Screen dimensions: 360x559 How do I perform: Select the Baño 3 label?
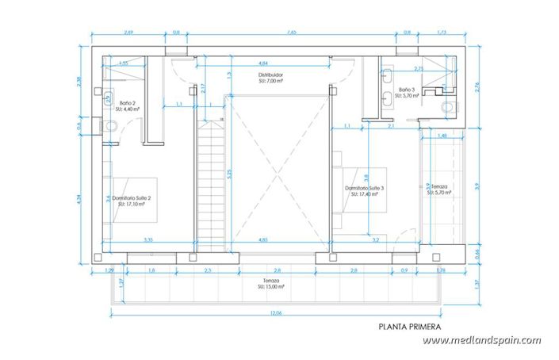407,90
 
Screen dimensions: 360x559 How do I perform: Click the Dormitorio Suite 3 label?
365,188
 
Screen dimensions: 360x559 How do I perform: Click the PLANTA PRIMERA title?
408,325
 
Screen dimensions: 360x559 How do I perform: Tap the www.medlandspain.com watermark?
481,341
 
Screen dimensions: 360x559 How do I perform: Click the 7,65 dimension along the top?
292,33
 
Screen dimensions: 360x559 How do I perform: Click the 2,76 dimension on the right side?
477,88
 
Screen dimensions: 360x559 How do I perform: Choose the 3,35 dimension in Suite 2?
147,239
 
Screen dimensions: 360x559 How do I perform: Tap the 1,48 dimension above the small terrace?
442,136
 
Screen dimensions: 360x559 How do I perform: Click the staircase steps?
210,182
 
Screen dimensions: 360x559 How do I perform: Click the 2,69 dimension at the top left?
128,33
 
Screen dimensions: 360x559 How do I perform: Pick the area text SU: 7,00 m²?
271,81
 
